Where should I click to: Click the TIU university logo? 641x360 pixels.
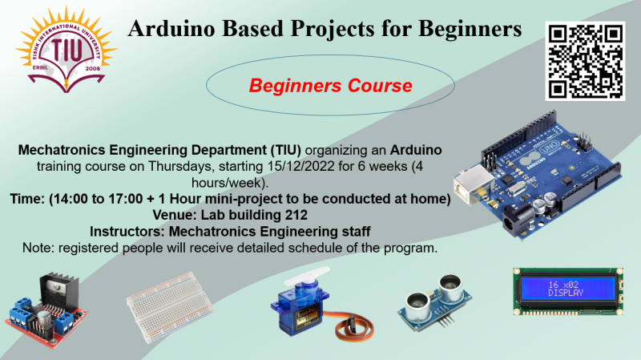[67, 49]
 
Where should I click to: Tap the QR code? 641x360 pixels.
[585, 61]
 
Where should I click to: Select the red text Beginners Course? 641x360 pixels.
[330, 86]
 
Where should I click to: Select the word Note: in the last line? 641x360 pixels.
[38, 248]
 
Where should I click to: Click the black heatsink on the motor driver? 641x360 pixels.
[58, 290]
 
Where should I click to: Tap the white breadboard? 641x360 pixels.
[170, 307]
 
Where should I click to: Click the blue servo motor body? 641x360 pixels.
[300, 309]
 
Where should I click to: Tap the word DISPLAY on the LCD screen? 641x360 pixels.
[566, 293]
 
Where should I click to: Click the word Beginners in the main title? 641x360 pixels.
[470, 29]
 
